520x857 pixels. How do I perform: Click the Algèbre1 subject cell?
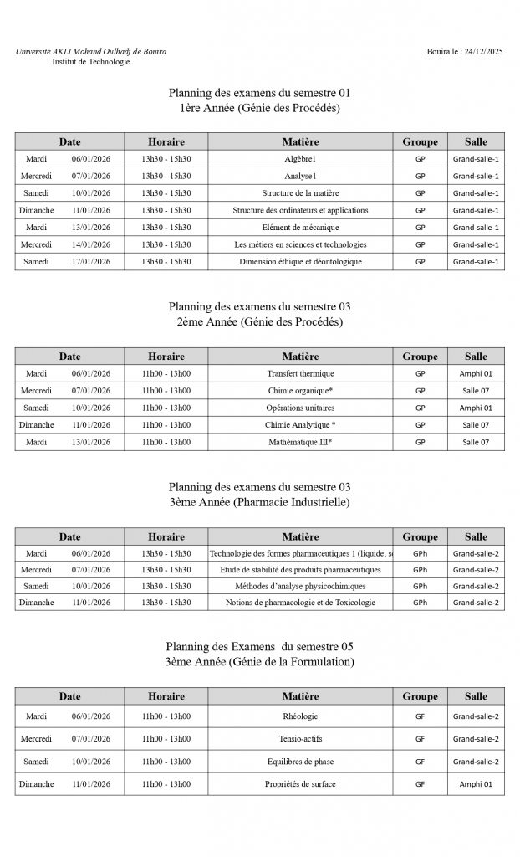(x=300, y=159)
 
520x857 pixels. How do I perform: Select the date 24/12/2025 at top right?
(x=482, y=52)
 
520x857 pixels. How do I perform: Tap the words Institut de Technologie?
(x=90, y=62)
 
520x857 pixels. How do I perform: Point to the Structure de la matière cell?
(x=300, y=193)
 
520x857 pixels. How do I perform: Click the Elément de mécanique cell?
(x=300, y=228)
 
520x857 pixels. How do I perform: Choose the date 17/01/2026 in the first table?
(x=91, y=262)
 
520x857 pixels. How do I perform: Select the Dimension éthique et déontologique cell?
(x=300, y=262)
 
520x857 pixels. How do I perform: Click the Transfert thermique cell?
(x=300, y=373)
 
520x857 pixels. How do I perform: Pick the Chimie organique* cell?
(x=300, y=391)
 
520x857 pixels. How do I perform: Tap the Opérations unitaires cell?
(x=300, y=408)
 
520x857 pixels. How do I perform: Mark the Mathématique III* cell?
(x=300, y=442)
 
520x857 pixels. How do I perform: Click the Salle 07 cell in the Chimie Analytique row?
(x=476, y=425)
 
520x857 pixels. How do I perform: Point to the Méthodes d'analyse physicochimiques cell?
(x=300, y=586)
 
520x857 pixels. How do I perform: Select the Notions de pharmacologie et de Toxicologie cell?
(x=300, y=603)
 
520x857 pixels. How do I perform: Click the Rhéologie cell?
(x=300, y=716)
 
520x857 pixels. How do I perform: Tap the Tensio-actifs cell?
(x=300, y=739)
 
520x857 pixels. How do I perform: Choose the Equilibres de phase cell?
(x=300, y=762)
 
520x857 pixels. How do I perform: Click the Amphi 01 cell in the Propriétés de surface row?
(x=476, y=784)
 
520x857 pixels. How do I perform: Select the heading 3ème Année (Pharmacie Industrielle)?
(x=259, y=502)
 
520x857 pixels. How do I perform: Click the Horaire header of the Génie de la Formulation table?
(x=166, y=696)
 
